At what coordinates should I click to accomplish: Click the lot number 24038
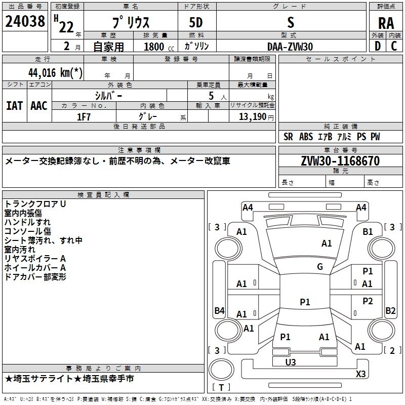coord(25,22)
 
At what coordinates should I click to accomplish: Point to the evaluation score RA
coord(386,23)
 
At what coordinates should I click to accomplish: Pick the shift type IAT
coord(14,106)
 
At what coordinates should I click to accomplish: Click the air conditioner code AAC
coord(38,106)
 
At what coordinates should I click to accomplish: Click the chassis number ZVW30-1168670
coord(340,161)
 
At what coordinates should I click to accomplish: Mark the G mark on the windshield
coord(320,266)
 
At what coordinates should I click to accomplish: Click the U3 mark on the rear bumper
coord(290,362)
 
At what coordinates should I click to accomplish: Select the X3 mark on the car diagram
coord(360,374)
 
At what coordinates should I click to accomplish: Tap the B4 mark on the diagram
coord(219,310)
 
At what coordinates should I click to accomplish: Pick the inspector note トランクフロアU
coord(35,204)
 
